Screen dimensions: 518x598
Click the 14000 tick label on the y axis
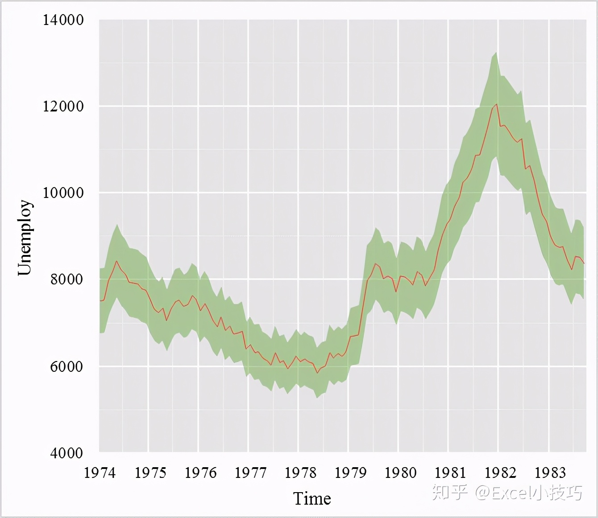point(63,20)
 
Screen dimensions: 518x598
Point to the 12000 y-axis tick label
point(63,107)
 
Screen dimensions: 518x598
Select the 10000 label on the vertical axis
point(63,193)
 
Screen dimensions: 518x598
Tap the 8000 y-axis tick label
point(67,280)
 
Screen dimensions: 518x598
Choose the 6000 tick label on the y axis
point(67,366)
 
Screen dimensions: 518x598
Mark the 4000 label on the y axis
point(67,453)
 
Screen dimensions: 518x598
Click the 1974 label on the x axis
point(100,473)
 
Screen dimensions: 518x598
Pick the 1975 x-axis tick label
point(150,473)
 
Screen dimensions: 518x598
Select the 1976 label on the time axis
point(200,473)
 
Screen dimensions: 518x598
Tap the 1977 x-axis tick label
point(250,473)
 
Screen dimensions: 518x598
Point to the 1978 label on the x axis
point(300,473)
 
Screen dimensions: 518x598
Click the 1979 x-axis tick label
point(350,473)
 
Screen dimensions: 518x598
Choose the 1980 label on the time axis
point(400,473)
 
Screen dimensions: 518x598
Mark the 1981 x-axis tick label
point(450,473)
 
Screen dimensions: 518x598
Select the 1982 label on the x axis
point(500,473)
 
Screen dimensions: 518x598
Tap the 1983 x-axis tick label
point(550,473)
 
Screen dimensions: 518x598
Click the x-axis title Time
point(312,498)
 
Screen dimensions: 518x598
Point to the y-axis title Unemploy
point(25,237)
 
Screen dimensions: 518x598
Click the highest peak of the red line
point(496,104)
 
